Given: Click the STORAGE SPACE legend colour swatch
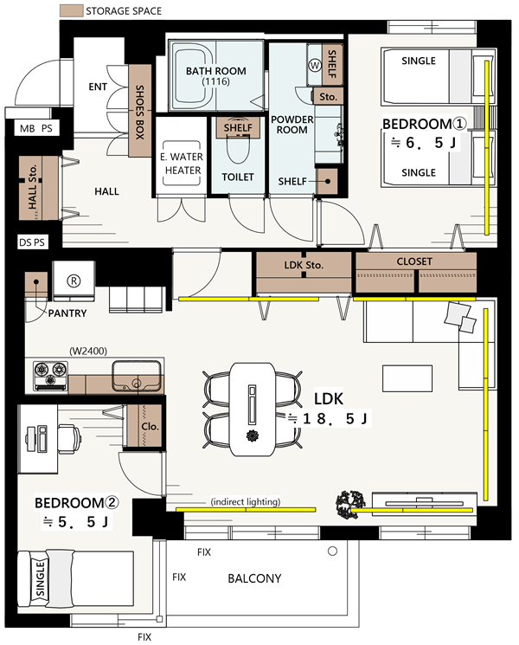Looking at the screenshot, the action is (71, 10).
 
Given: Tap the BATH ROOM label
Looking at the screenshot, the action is (215, 71).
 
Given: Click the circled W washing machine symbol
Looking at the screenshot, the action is (315, 65).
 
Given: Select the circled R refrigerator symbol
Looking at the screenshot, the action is (74, 281).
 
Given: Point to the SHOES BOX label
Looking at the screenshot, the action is (140, 112).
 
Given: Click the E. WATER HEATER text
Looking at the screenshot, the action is (183, 164).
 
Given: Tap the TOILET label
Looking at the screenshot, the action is (238, 177).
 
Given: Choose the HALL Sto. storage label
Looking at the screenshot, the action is (33, 186).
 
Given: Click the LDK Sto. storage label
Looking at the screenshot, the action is (304, 265).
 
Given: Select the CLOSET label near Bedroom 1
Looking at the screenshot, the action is (414, 261).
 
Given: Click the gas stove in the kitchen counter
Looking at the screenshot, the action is (50, 376).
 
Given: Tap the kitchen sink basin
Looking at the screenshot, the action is (137, 376).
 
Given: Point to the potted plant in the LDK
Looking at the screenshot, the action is (350, 505).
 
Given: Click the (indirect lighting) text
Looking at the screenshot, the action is (246, 501).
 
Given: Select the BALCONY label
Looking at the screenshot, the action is (255, 578).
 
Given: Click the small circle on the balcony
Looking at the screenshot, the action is (332, 551).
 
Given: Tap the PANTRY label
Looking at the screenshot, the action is (67, 313).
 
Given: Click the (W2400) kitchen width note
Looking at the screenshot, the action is (88, 351).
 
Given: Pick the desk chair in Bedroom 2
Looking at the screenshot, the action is (69, 438).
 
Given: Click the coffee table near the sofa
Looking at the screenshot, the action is (407, 378).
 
